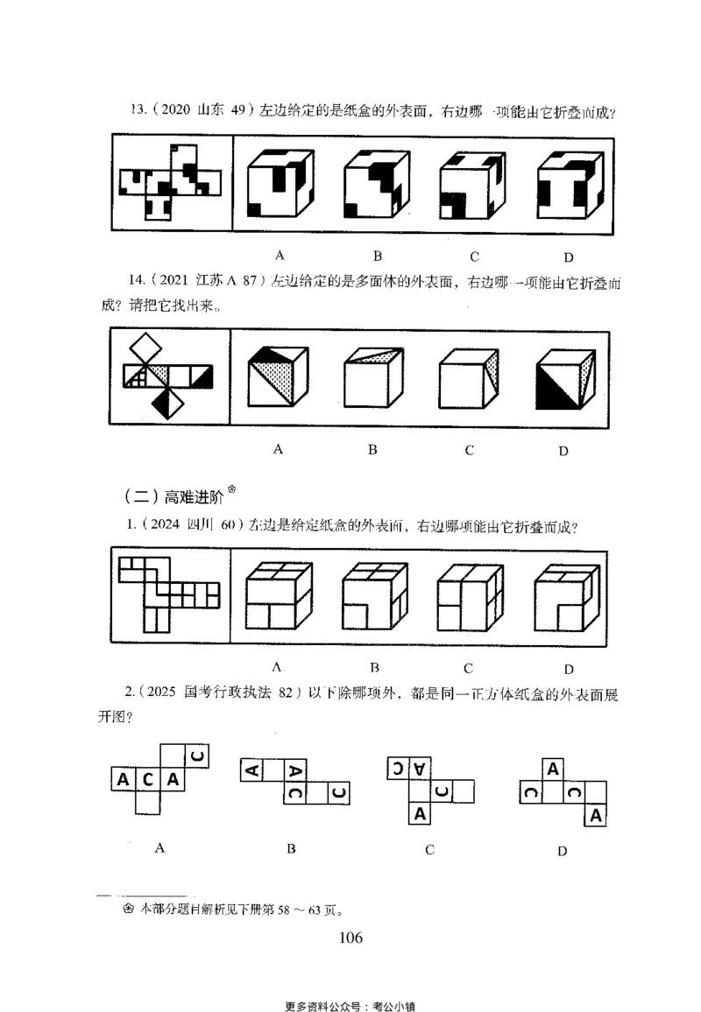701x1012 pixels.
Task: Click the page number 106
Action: (x=350, y=938)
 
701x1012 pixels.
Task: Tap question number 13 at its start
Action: (x=136, y=109)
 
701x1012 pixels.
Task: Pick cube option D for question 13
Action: (x=569, y=184)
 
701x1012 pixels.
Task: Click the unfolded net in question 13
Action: (x=171, y=184)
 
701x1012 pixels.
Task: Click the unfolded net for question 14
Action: (x=169, y=378)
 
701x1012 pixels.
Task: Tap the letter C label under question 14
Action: (x=470, y=450)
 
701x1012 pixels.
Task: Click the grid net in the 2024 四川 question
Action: (x=168, y=594)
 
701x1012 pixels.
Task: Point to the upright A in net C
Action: (x=421, y=813)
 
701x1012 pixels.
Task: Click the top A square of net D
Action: (x=553, y=770)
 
